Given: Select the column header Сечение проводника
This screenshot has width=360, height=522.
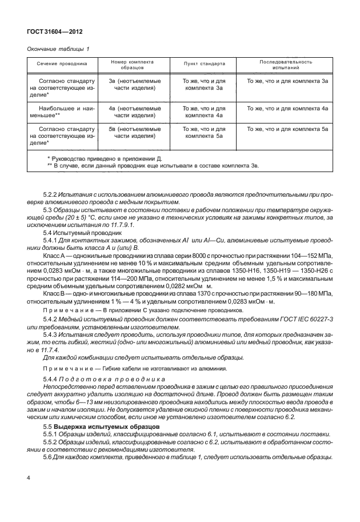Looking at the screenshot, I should pos(62,64).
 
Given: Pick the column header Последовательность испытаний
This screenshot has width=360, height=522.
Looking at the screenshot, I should pos(286,64).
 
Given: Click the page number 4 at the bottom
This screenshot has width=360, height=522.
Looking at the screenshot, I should pos(29,477).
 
